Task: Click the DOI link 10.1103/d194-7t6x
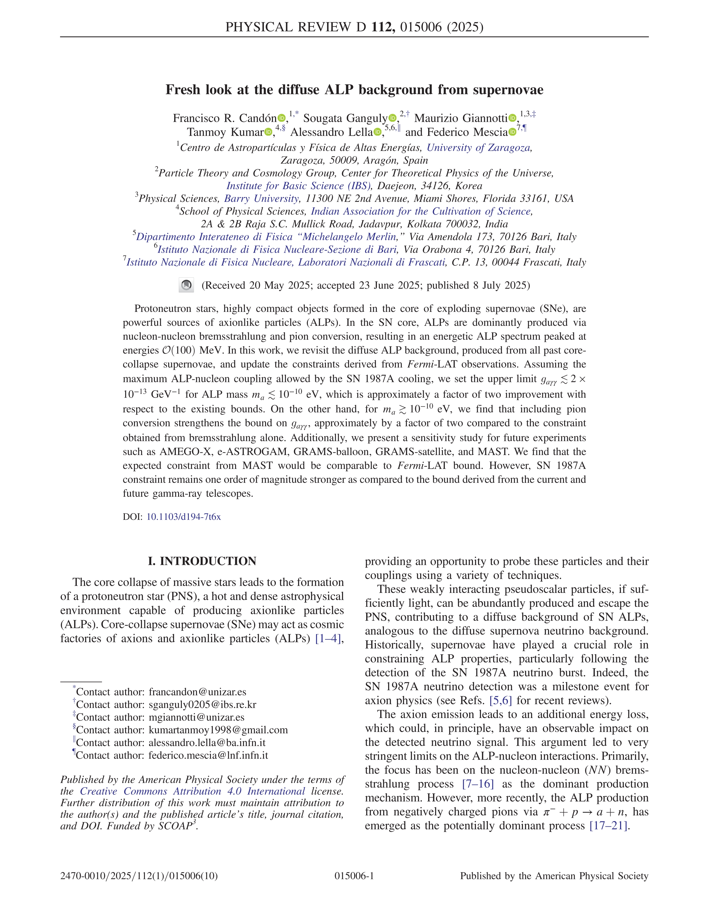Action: pyautogui.click(x=183, y=517)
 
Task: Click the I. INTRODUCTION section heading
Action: pyautogui.click(x=202, y=561)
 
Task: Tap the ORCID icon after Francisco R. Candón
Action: pyautogui.click(x=281, y=119)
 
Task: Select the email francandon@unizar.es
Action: pyautogui.click(x=197, y=692)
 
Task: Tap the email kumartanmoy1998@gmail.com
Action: pyautogui.click(x=218, y=730)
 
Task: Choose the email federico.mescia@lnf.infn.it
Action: pyautogui.click(x=208, y=755)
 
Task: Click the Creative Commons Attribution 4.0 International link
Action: pyautogui.click(x=192, y=791)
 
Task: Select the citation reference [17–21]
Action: pyautogui.click(x=608, y=826)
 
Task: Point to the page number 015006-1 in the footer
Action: pyautogui.click(x=354, y=876)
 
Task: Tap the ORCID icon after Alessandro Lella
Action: pyautogui.click(x=378, y=133)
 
